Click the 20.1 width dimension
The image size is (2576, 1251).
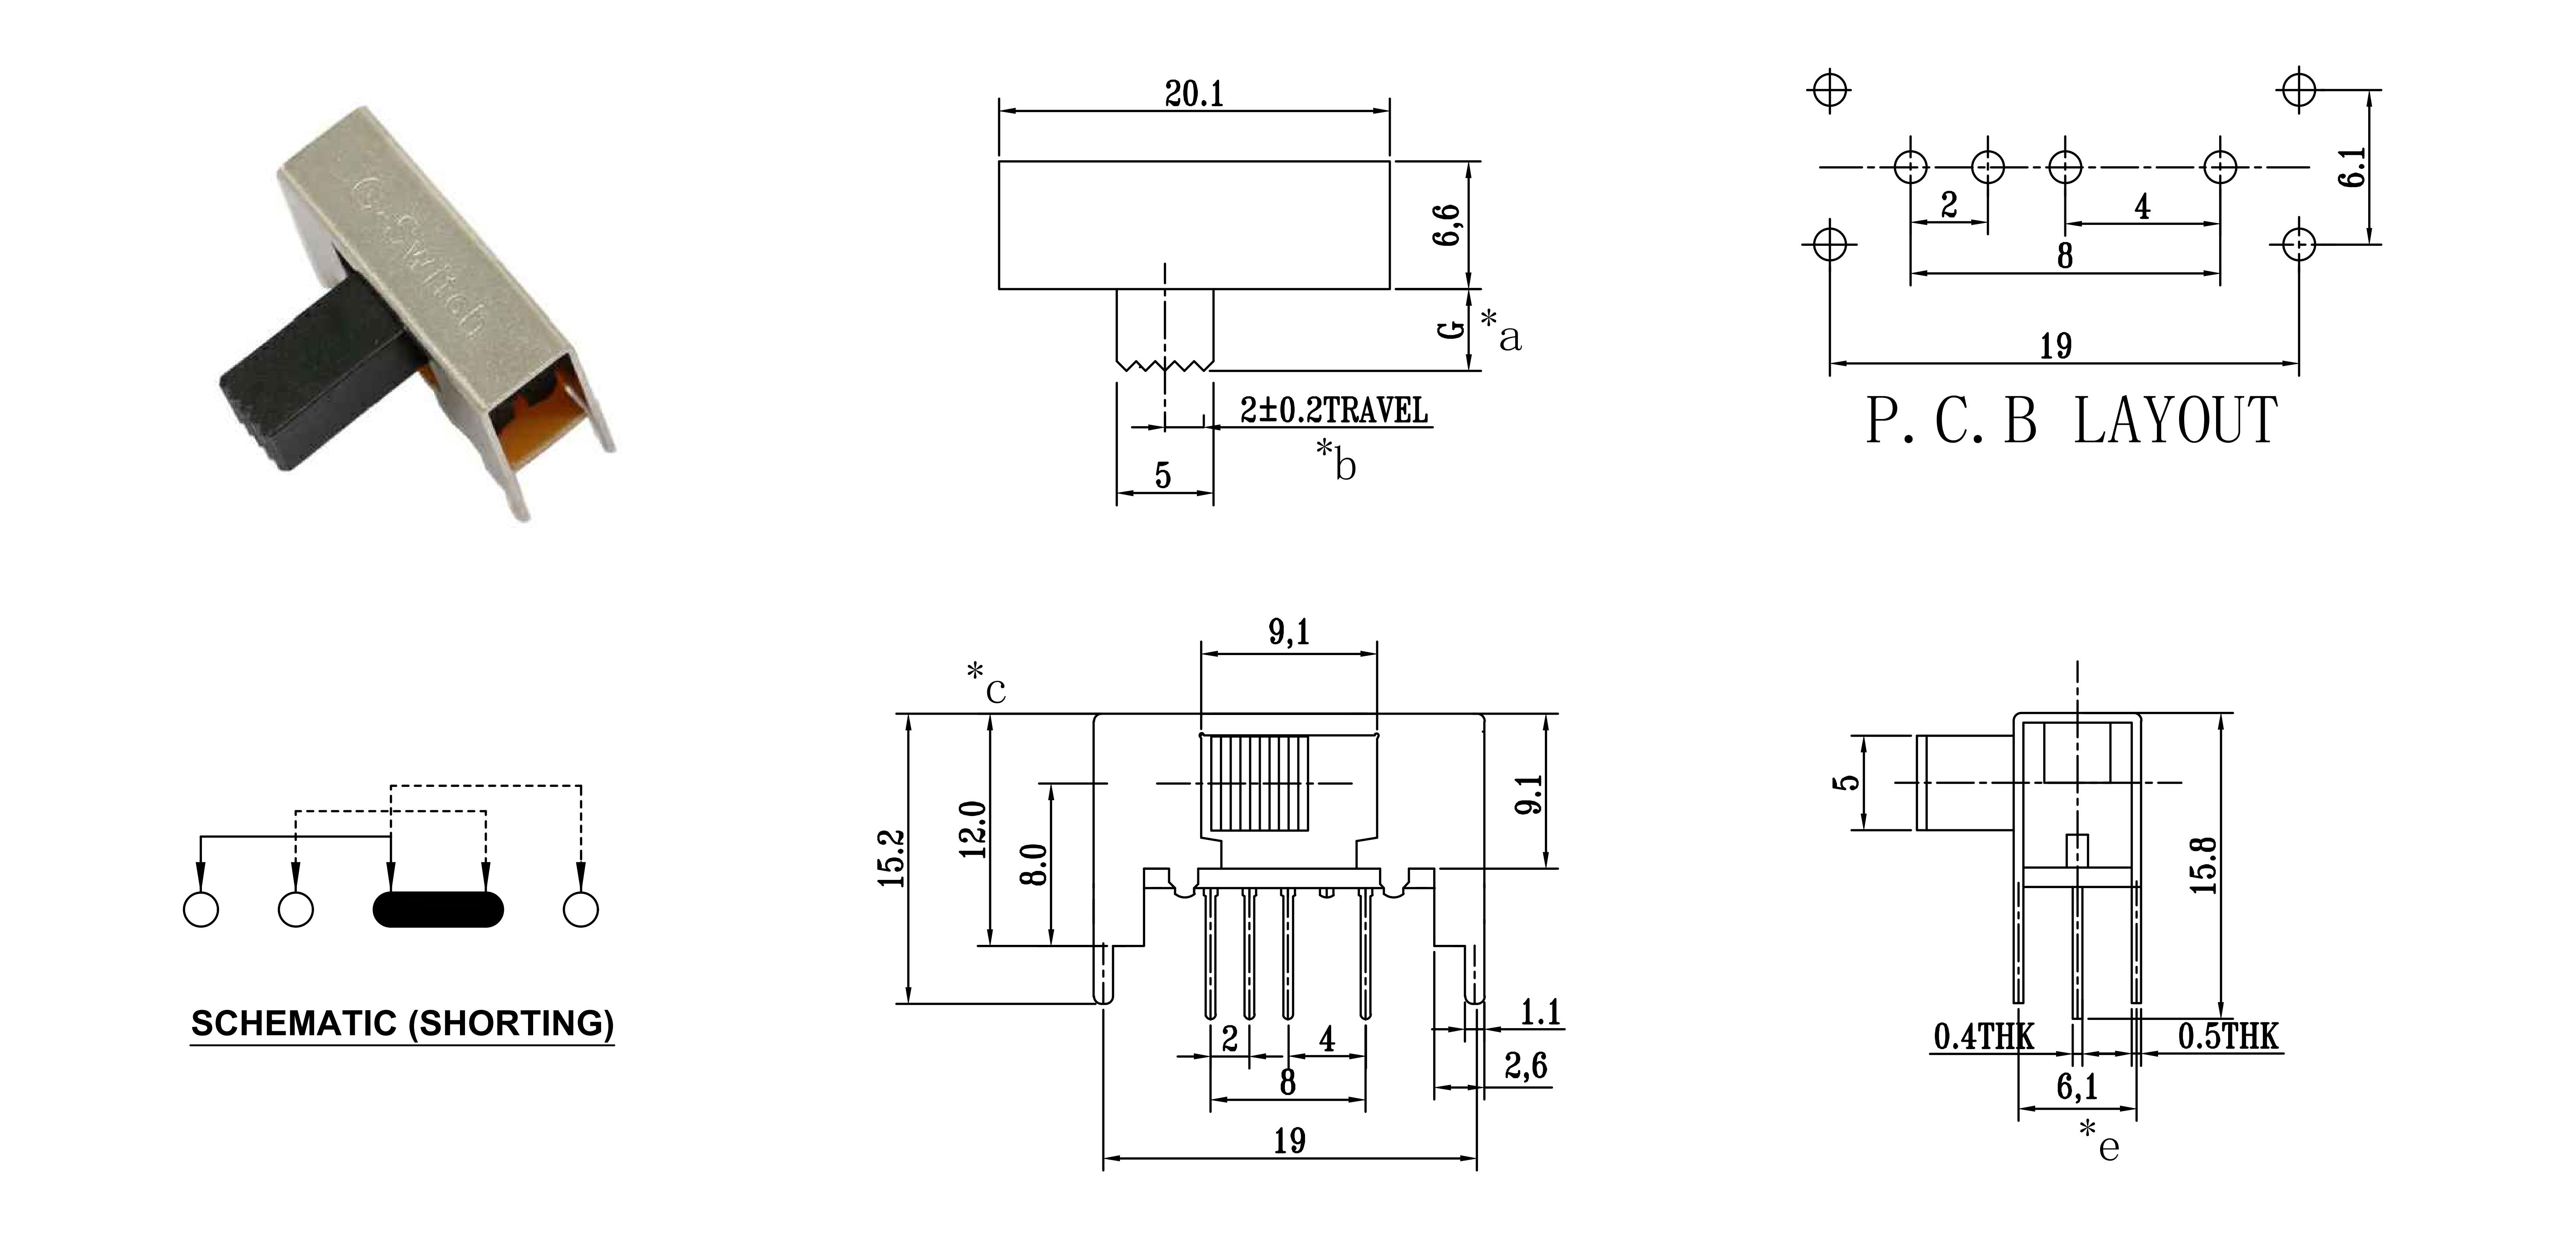click(x=1194, y=94)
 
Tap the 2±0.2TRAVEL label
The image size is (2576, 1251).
click(x=1334, y=410)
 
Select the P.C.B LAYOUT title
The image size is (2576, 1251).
click(x=2072, y=421)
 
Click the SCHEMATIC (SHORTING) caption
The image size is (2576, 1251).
click(x=402, y=1023)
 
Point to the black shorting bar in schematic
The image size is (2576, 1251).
click(x=438, y=909)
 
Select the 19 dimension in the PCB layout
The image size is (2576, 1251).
click(x=2056, y=346)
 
